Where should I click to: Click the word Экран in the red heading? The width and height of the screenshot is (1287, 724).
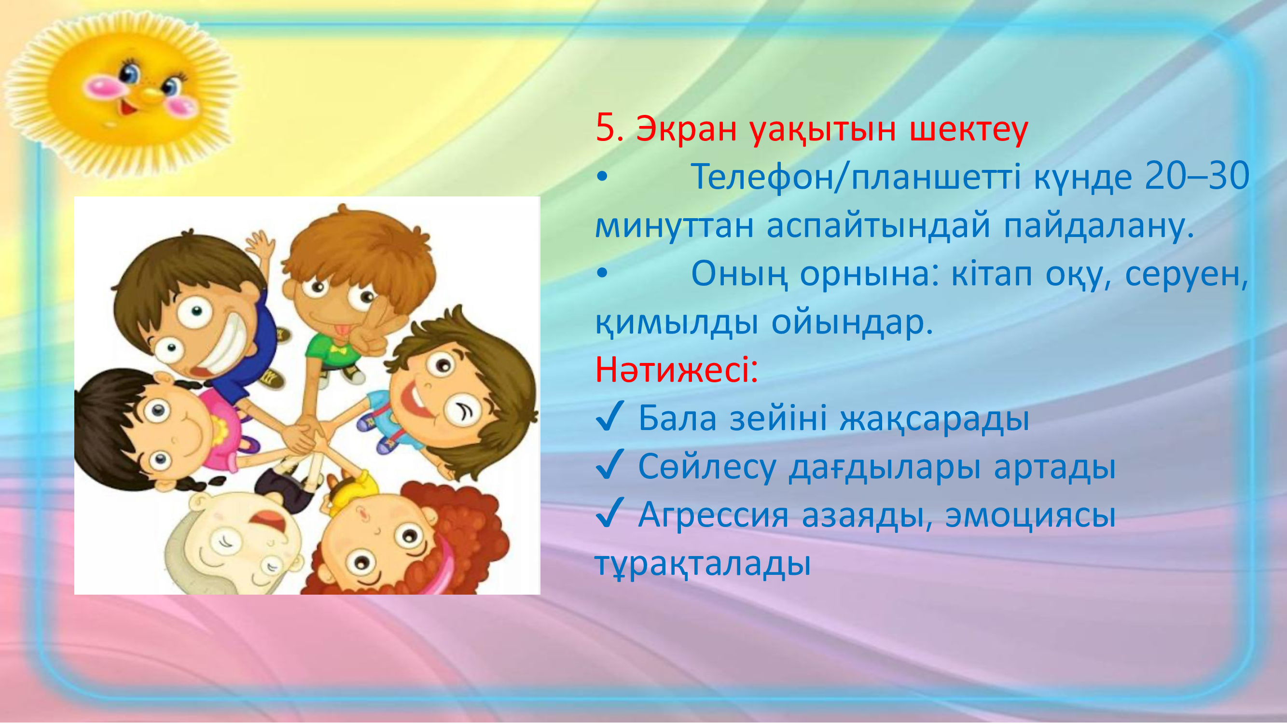click(687, 129)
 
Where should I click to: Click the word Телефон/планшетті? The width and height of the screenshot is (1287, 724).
click(856, 177)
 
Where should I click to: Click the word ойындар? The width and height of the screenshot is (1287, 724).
click(852, 323)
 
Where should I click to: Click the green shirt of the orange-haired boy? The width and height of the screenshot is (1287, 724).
click(332, 350)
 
